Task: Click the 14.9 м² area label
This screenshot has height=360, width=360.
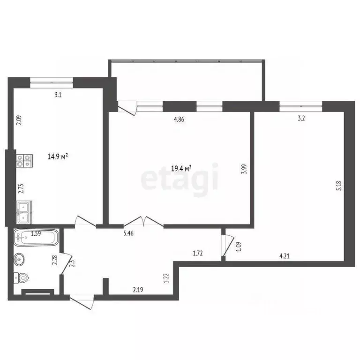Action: pos(59,157)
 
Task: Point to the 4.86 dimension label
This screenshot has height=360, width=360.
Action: pos(179,119)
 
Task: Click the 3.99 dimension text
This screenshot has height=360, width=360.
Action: pos(244,169)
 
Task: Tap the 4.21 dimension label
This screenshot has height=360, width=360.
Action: pos(284,256)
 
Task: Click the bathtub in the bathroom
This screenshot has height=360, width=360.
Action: pos(35,238)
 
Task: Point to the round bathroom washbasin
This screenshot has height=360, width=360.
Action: pos(20,258)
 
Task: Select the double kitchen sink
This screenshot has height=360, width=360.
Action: pos(24,212)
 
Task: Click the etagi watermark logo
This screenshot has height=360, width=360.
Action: pos(180,178)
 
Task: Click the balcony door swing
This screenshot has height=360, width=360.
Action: pos(127,107)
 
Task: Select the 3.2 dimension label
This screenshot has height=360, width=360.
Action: pos(301,119)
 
